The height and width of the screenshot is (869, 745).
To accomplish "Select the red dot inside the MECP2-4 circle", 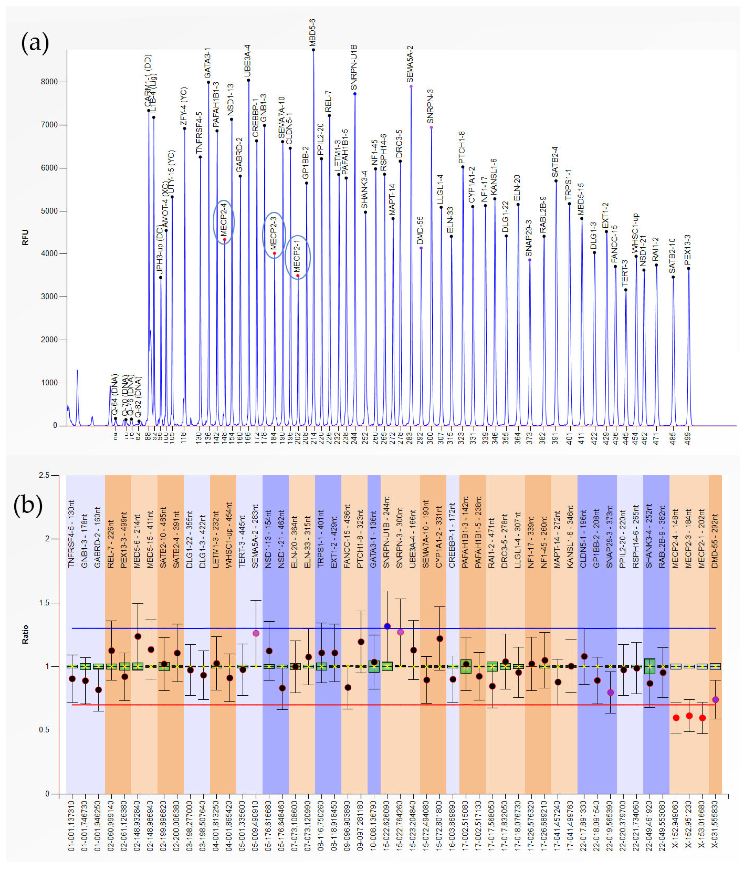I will click(224, 239).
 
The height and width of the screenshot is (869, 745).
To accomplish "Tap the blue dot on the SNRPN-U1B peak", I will click(355, 94).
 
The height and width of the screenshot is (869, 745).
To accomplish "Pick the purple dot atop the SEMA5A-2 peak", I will click(411, 87).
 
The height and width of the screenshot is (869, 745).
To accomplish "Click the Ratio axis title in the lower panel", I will click(25, 634).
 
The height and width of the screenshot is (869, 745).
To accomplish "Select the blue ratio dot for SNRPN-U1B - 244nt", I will click(387, 626).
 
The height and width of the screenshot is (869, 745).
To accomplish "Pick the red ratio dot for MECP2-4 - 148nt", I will click(676, 718).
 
